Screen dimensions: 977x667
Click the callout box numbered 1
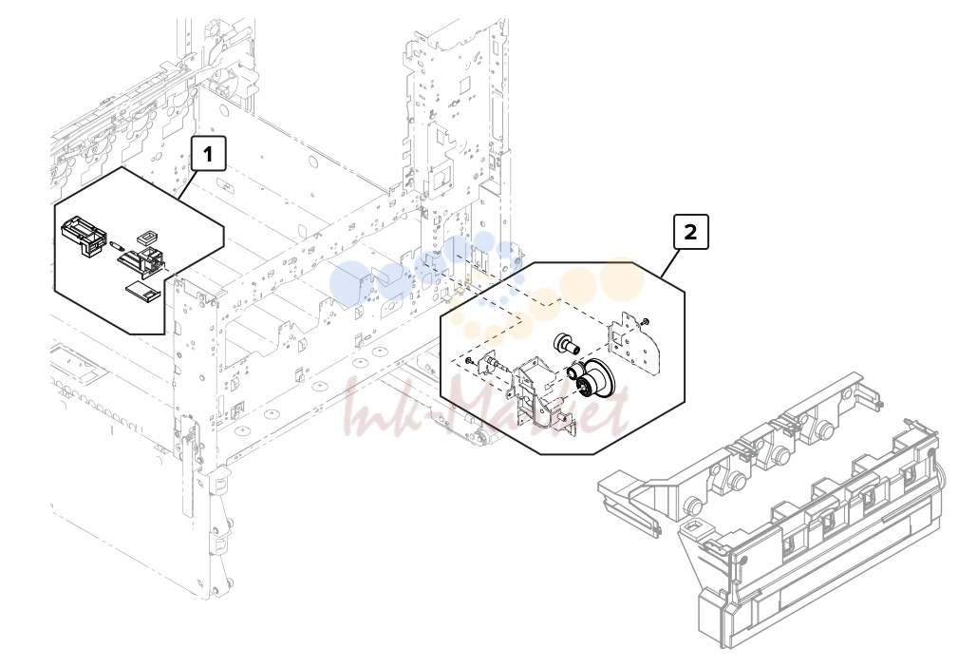[x=208, y=153]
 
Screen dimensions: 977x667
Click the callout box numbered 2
[x=691, y=232]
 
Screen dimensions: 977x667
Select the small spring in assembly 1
[x=115, y=245]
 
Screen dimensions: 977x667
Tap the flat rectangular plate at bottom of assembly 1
[x=141, y=291]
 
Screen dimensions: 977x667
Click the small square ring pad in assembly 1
[x=147, y=237]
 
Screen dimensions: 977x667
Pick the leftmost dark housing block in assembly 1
[x=83, y=235]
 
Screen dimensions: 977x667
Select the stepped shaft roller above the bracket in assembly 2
[x=565, y=343]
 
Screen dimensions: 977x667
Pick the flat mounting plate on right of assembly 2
[x=630, y=342]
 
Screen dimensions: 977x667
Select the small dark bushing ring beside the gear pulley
[x=573, y=372]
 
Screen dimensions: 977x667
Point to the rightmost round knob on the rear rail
[x=826, y=429]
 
